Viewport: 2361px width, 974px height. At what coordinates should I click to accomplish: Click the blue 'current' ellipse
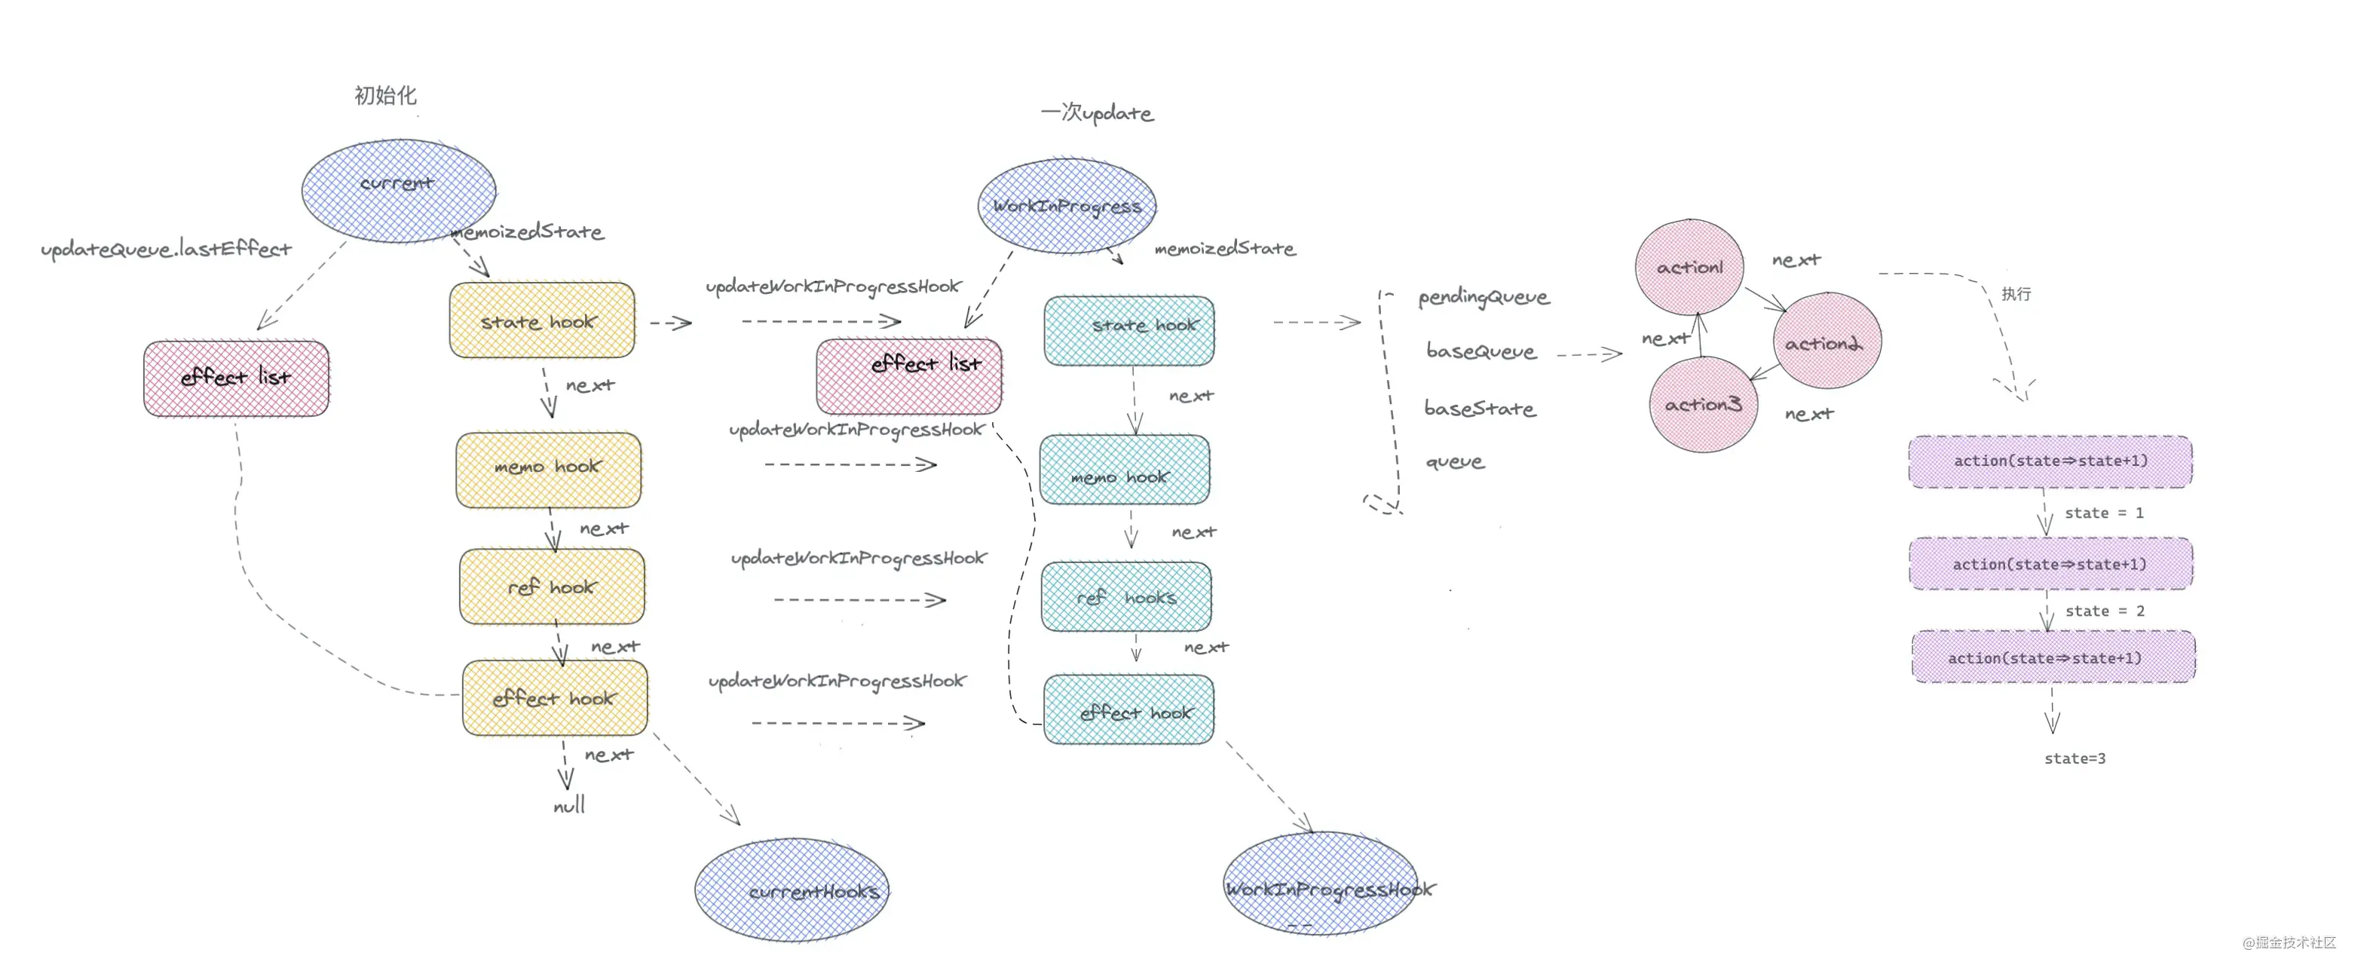pos(399,190)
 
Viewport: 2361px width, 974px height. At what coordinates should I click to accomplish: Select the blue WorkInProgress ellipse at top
pos(1066,206)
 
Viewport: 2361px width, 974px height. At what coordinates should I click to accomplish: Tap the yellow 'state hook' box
pos(542,320)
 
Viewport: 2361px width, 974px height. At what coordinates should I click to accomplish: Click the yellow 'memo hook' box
pos(548,469)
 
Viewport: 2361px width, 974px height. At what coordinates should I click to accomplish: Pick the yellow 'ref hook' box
pos(552,587)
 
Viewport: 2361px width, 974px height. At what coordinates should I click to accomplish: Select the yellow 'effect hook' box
pos(555,698)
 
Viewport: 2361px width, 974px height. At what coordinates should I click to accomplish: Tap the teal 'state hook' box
pos(1129,330)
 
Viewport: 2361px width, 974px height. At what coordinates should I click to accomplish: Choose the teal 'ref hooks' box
pos(1125,597)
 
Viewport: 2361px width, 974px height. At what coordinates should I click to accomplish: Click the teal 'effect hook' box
pos(1128,710)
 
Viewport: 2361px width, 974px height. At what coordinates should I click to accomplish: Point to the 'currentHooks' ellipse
pos(792,890)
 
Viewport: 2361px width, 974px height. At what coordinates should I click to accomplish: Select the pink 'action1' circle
pos(1689,267)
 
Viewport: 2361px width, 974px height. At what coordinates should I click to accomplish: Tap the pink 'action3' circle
pos(1702,404)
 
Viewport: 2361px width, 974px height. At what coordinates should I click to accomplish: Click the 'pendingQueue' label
pos(1483,297)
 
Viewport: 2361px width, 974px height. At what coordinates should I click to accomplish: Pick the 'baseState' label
pos(1479,409)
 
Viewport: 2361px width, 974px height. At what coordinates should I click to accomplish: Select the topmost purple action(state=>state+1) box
pos(2050,461)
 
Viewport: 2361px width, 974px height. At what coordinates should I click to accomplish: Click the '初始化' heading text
pos(385,95)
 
